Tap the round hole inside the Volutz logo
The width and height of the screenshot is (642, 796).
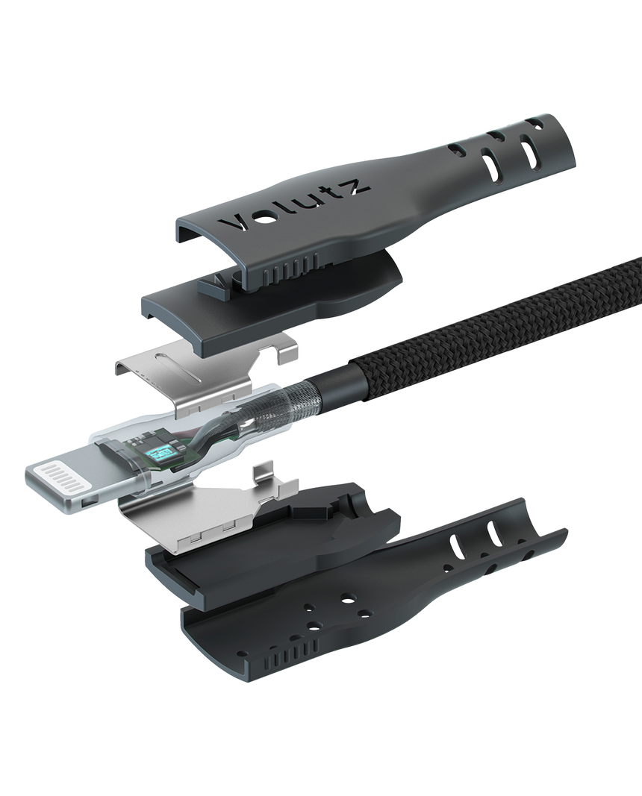tap(264, 220)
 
